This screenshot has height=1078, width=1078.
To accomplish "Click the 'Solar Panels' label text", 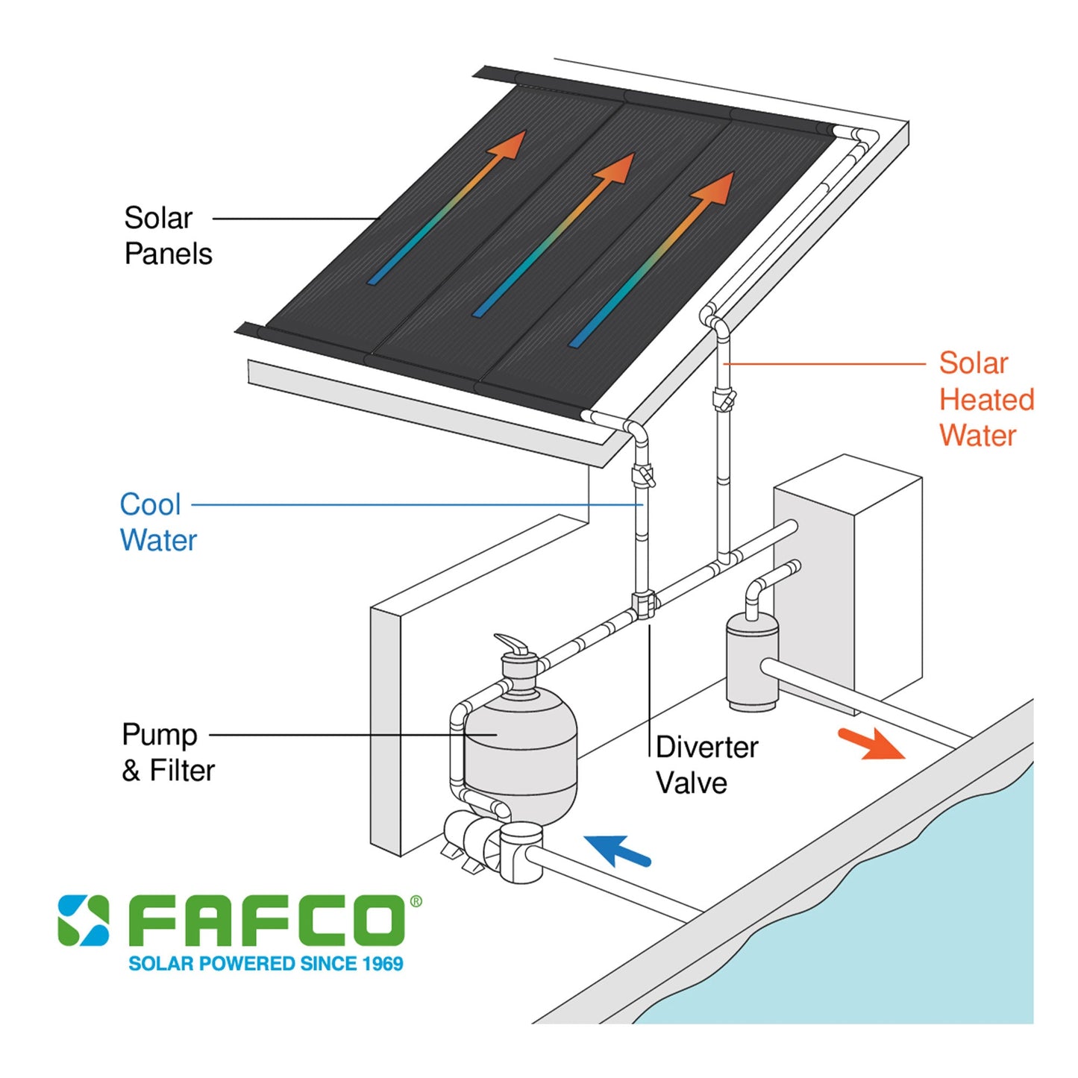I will (x=168, y=236).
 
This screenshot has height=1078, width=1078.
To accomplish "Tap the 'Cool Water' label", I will (x=157, y=522).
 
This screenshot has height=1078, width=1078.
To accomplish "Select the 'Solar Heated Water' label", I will (x=985, y=399).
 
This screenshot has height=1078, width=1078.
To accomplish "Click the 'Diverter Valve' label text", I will (x=706, y=765).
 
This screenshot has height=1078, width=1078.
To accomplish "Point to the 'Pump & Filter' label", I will (x=168, y=752).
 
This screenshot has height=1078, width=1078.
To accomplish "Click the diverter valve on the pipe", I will (x=643, y=604).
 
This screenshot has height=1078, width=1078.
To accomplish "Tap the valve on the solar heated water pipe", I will (x=724, y=400).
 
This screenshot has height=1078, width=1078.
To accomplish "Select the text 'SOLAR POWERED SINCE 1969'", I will (x=266, y=964).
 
